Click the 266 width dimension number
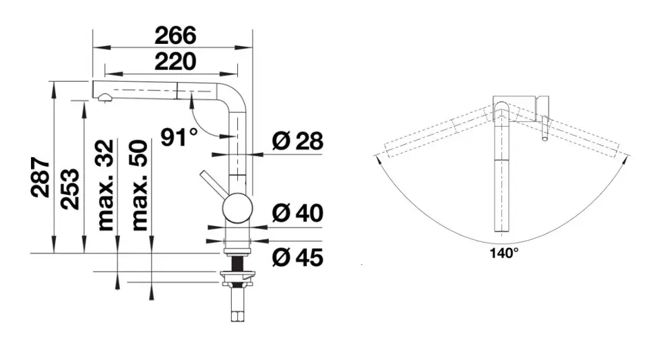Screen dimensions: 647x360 [x=175, y=36]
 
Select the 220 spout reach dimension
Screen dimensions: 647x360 [x=175, y=61]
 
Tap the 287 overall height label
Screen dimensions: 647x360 [x=40, y=177]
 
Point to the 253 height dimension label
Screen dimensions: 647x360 [x=69, y=189]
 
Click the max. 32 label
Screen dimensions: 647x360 [x=106, y=185]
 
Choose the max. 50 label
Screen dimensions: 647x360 [x=140, y=185]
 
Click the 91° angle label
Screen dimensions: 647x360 [x=179, y=137]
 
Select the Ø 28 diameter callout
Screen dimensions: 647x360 [x=297, y=141]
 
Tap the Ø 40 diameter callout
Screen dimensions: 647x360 [x=297, y=213]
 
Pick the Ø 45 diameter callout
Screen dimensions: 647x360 [x=297, y=258]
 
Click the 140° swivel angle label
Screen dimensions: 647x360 [x=504, y=253]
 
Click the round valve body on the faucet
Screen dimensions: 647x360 [x=237, y=208]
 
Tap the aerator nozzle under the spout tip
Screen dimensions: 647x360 [x=104, y=98]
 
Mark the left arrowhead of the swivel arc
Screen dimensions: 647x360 [x=377, y=158]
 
